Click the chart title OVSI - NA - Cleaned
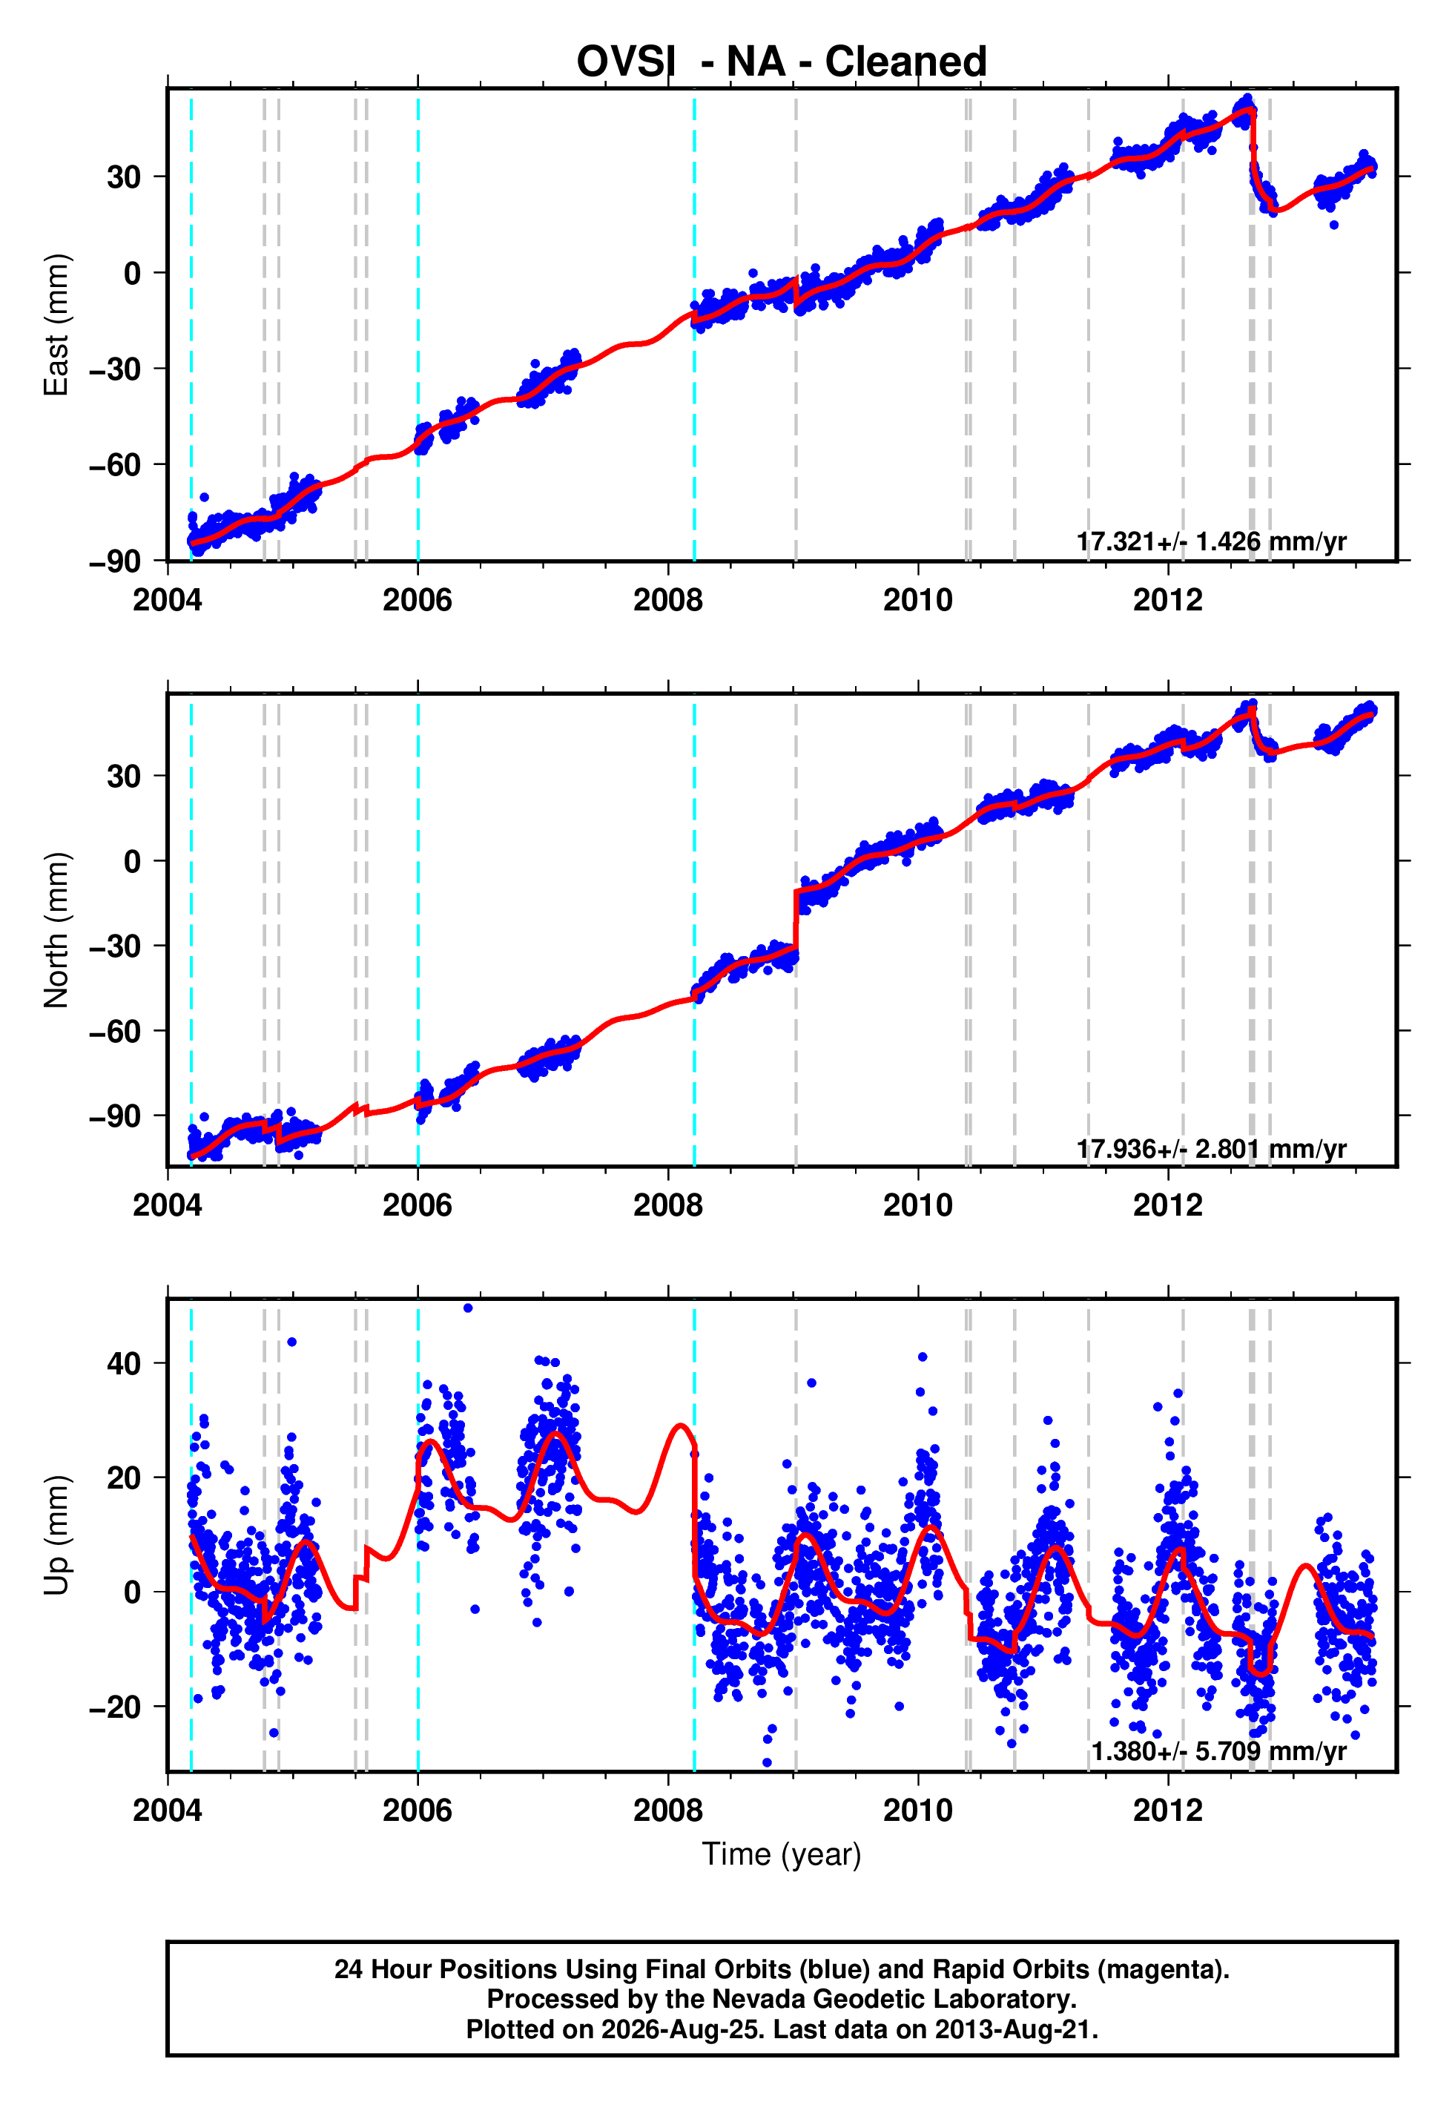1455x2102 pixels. tap(782, 62)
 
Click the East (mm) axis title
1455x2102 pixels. tap(56, 325)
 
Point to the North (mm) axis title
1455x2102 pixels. tap(56, 930)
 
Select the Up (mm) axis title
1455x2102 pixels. tap(56, 1535)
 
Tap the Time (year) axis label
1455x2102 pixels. tap(782, 1855)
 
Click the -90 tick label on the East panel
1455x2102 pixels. tap(115, 561)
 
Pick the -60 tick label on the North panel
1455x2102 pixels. tap(115, 1031)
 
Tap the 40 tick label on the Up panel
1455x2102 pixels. tap(124, 1364)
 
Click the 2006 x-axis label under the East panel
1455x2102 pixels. tap(418, 600)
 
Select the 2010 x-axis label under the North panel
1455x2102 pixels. tap(918, 1205)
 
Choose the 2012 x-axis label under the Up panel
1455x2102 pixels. tap(1168, 1811)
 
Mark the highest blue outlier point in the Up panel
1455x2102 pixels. tap(468, 1308)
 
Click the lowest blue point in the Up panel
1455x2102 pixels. tap(767, 1763)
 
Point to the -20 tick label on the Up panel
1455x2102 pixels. tap(115, 1707)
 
